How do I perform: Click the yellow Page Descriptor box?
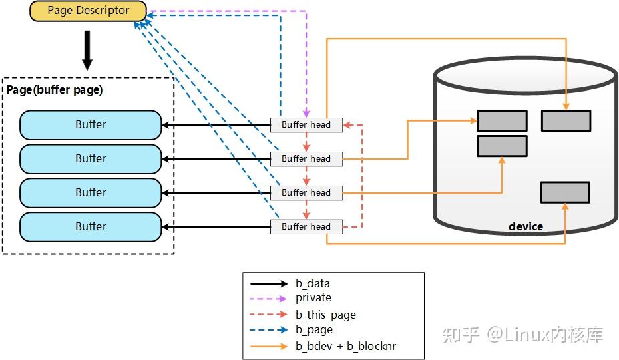(x=88, y=11)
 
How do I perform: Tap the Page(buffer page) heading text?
(x=55, y=89)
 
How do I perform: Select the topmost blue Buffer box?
(x=90, y=125)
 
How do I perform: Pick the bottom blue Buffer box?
(x=90, y=227)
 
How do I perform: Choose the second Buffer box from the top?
(x=90, y=159)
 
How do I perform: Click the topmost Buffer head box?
(x=306, y=125)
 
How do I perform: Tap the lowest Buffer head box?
(x=306, y=227)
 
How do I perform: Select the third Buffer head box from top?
(x=306, y=193)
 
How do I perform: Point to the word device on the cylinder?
(x=526, y=227)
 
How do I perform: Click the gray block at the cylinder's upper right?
(x=566, y=121)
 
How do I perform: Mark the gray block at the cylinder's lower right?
(x=565, y=192)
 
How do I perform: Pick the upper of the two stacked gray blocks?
(x=501, y=121)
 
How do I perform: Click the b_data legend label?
(x=313, y=283)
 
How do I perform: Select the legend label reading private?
(x=313, y=298)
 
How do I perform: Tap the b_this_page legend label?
(x=325, y=315)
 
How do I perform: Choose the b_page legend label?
(x=314, y=330)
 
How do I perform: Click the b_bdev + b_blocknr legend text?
(x=346, y=346)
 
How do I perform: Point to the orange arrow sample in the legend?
(x=269, y=346)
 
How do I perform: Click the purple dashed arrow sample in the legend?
(x=269, y=299)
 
